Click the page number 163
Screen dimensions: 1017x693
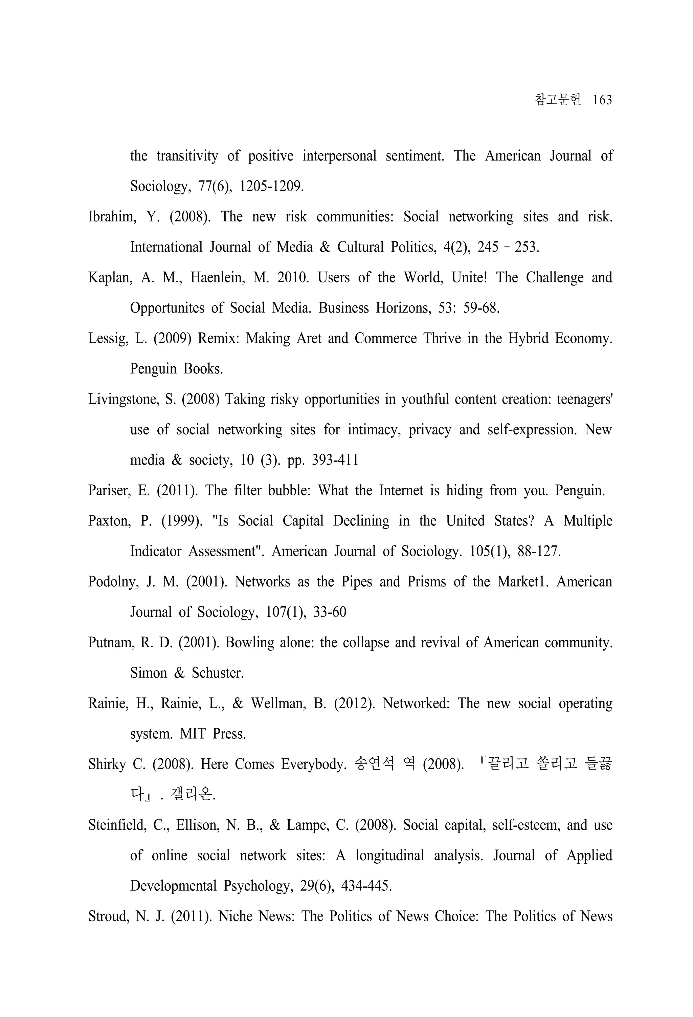pyautogui.click(x=602, y=100)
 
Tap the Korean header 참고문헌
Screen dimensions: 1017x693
pyautogui.click(x=558, y=100)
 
